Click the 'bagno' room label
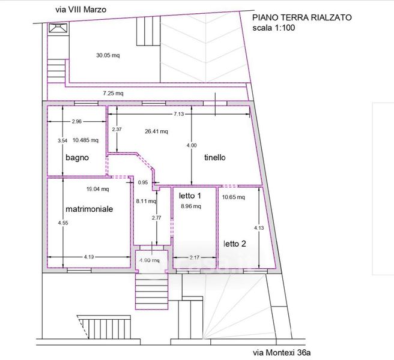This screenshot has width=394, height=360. (x=77, y=158)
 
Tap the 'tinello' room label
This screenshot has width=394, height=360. (x=215, y=158)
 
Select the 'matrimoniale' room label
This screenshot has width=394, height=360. (x=89, y=209)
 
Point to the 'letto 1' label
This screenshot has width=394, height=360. (x=190, y=196)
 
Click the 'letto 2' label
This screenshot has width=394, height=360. (x=235, y=244)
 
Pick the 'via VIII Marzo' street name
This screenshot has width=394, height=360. (x=81, y=10)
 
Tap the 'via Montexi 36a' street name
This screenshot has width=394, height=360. (x=282, y=353)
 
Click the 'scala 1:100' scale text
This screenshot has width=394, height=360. (x=274, y=28)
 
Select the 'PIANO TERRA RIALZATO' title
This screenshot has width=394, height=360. (x=302, y=17)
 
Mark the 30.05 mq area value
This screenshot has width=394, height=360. (x=108, y=55)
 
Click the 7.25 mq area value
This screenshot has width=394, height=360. (x=113, y=94)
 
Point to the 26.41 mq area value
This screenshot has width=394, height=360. (x=156, y=131)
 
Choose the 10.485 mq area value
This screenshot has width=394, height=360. (x=85, y=140)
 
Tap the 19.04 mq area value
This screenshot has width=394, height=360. (x=98, y=189)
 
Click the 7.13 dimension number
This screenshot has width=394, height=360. (x=178, y=114)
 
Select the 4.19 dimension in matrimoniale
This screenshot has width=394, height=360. (x=89, y=257)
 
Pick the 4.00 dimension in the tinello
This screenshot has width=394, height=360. (x=192, y=145)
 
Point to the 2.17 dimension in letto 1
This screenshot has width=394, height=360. (x=195, y=257)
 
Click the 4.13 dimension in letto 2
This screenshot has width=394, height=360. (x=259, y=228)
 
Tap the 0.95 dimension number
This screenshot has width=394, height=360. (x=143, y=182)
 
